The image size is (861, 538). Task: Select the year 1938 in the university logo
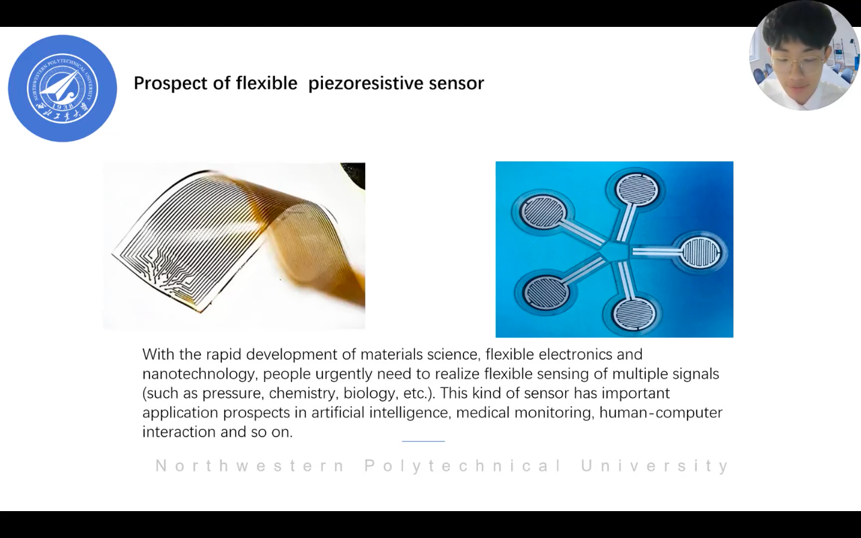point(63,106)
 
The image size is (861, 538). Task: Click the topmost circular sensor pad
point(636,189)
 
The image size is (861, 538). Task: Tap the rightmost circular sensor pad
point(700,252)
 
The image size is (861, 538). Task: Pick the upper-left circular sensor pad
point(543,212)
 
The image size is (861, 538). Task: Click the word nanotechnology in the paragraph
point(198,374)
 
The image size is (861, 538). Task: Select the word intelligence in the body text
point(409,413)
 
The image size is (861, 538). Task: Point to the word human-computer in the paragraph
point(661,413)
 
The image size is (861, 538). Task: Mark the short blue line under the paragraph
point(423,441)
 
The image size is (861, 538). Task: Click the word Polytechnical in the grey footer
point(463,466)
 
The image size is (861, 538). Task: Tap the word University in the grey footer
point(654,466)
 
